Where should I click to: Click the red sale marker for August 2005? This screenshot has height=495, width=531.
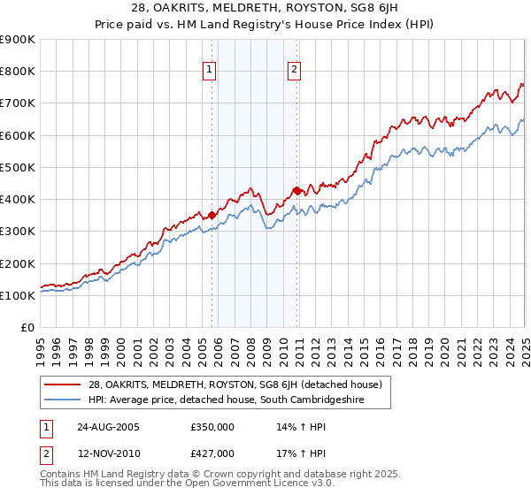click(212, 215)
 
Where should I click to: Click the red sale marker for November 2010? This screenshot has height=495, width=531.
click(296, 190)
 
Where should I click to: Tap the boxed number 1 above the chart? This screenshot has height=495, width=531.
click(210, 71)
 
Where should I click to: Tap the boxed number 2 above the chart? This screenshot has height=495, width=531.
click(294, 71)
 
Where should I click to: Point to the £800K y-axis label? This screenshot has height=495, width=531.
click(18, 72)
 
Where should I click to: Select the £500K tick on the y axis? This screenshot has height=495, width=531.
click(18, 167)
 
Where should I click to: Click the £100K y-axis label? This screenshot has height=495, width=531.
click(18, 295)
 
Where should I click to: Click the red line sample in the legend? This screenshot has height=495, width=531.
click(64, 385)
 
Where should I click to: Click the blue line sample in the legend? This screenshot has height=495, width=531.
click(64, 400)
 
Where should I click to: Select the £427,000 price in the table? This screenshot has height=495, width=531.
click(212, 453)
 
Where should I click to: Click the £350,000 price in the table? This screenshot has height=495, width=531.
click(212, 427)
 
